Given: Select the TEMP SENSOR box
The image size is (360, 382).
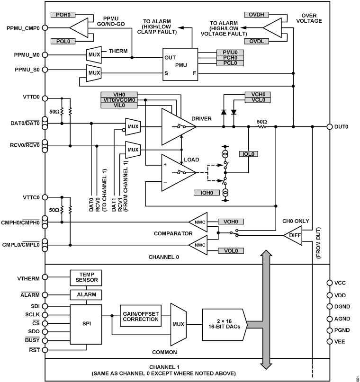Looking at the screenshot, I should click(86, 277).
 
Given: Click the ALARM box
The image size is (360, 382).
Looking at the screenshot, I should click(86, 294).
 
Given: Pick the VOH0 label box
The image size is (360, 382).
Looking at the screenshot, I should click(230, 221).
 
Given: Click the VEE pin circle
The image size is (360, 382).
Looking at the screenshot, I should click(330, 341).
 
